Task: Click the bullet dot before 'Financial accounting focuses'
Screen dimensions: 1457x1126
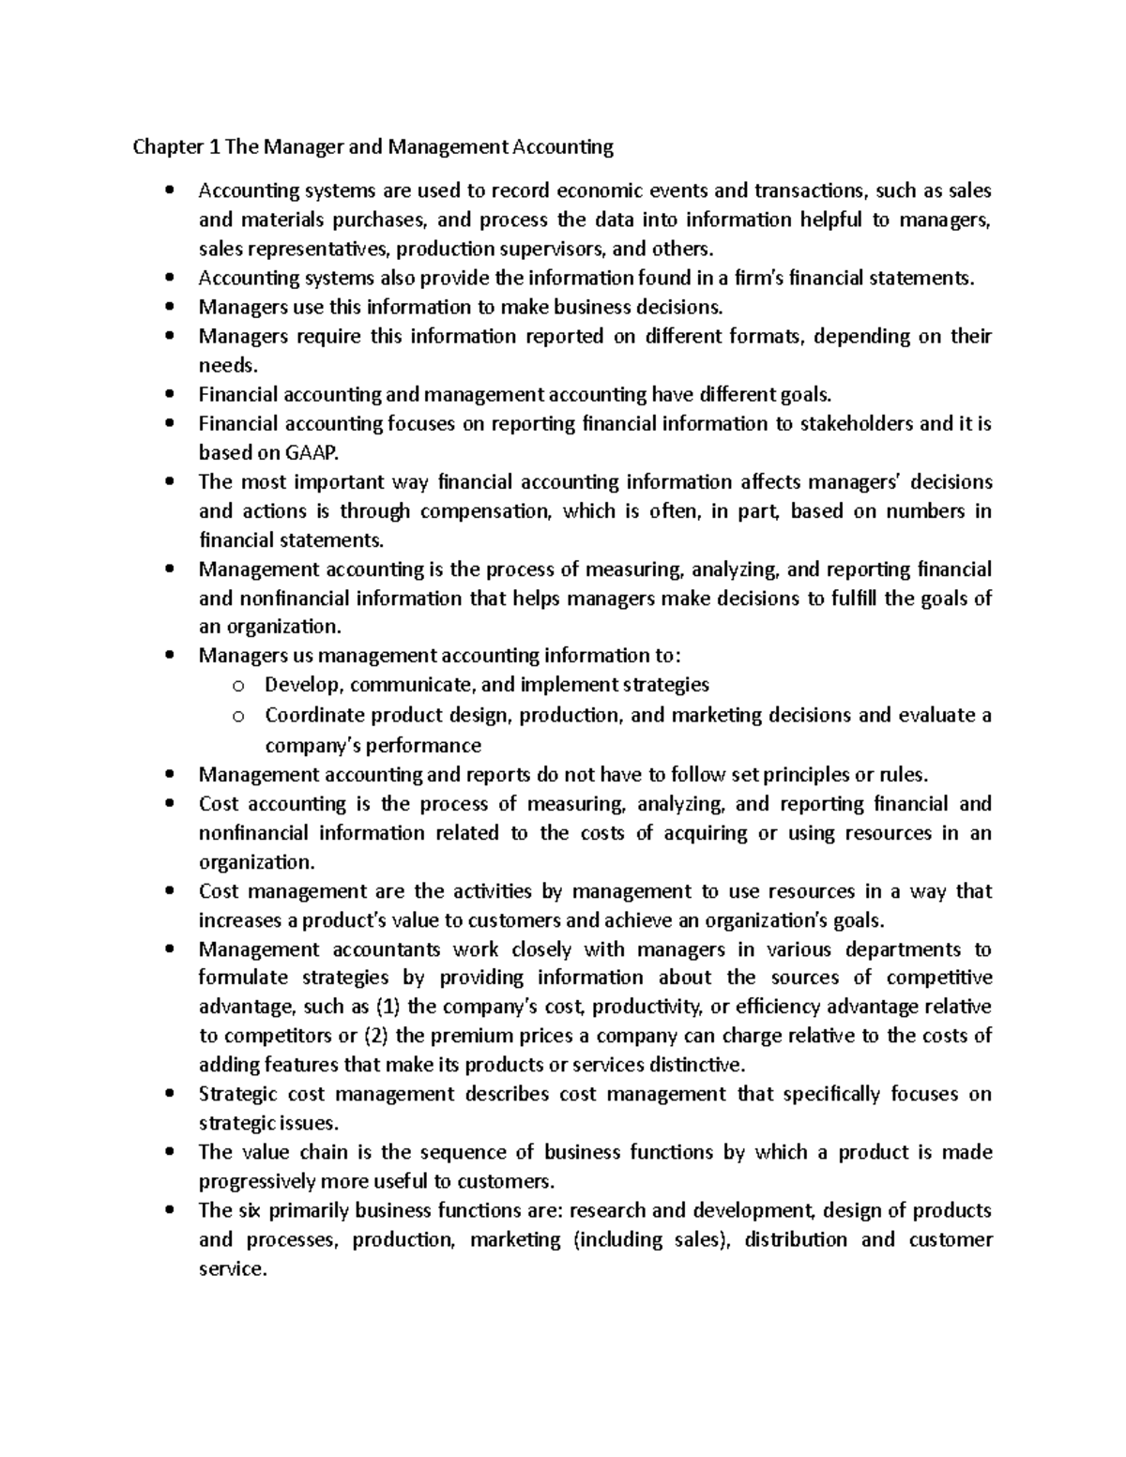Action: [x=169, y=424]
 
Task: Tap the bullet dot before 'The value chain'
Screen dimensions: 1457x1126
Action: [x=169, y=1152]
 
